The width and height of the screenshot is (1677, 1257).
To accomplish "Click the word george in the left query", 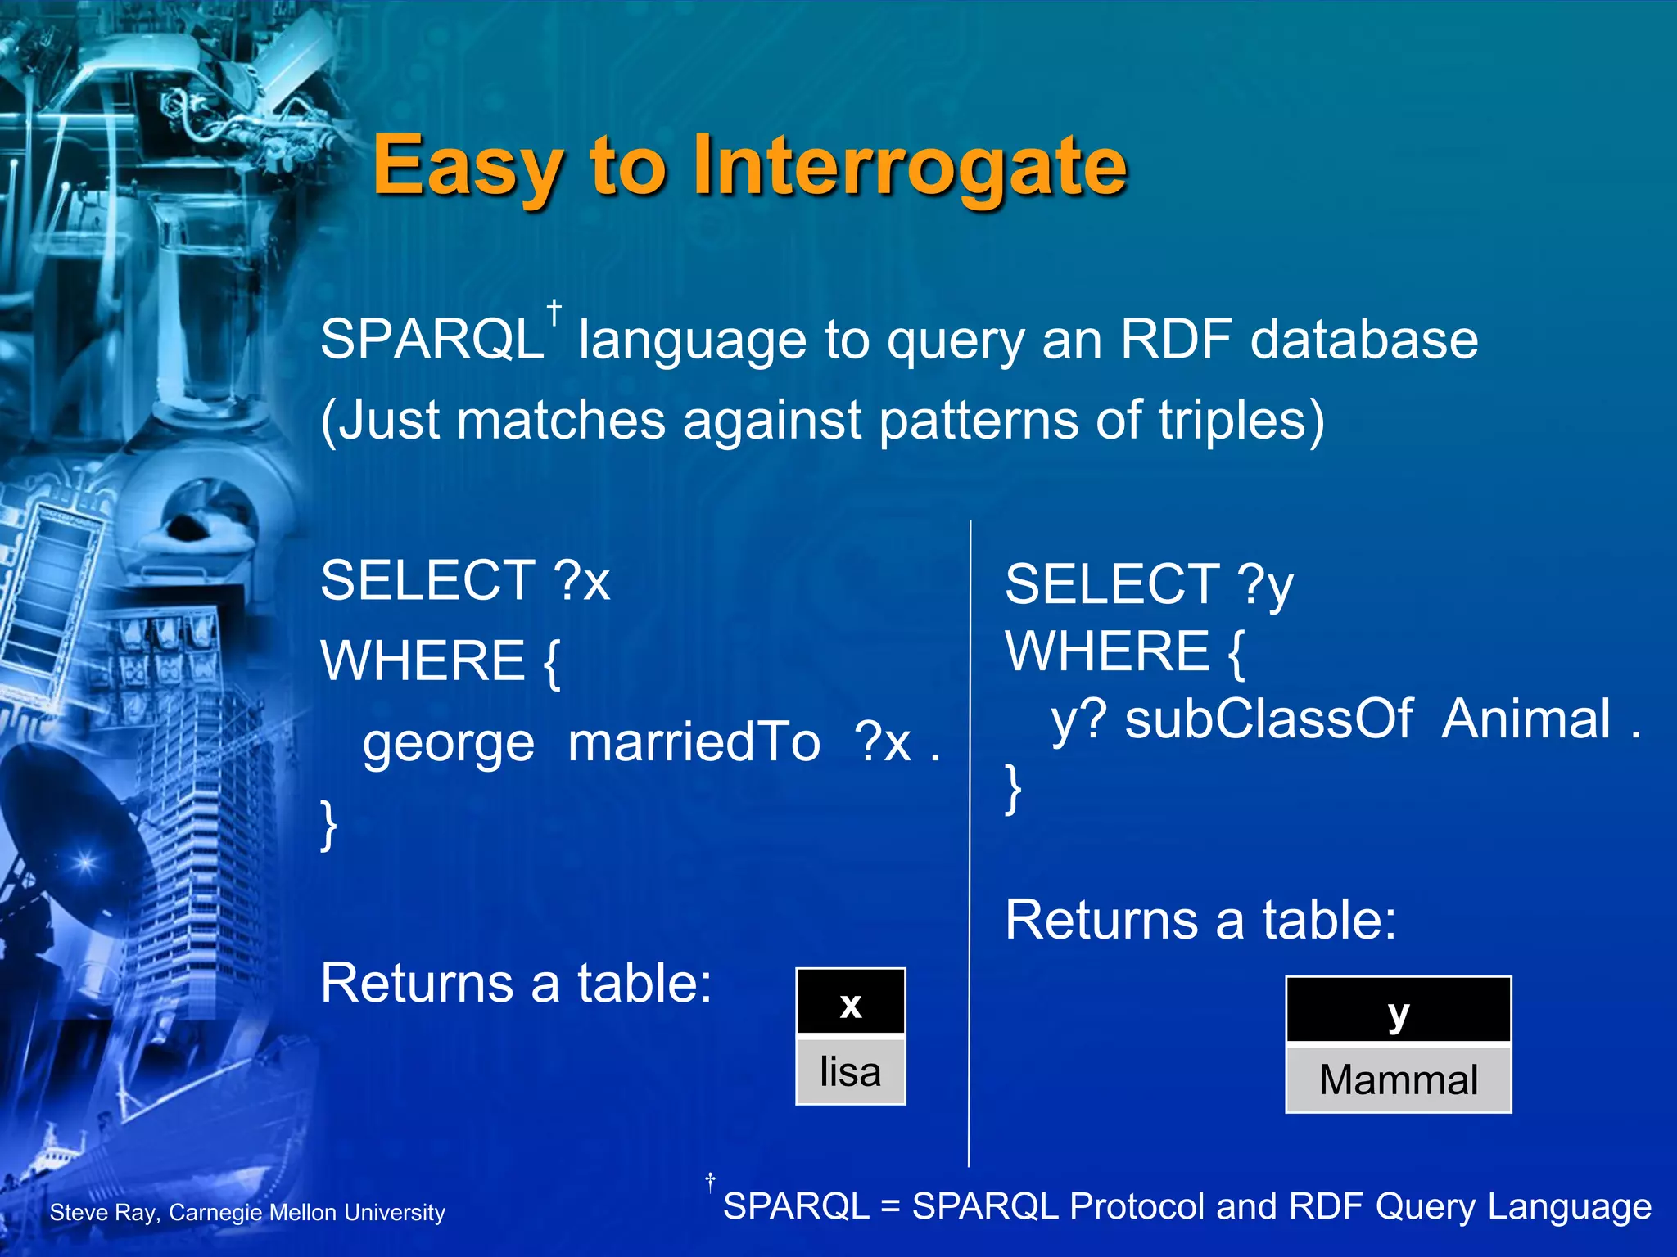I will [x=449, y=743].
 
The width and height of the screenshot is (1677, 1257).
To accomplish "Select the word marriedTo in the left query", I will [x=694, y=743].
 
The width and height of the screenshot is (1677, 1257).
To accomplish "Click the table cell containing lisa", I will [x=850, y=1071].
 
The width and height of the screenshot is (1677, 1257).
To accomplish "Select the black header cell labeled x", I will [x=850, y=1002].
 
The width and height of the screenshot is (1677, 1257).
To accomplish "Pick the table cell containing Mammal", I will [x=1398, y=1079].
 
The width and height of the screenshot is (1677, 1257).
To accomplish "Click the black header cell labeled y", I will [x=1398, y=1011].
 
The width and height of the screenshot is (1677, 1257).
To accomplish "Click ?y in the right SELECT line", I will [x=1266, y=586].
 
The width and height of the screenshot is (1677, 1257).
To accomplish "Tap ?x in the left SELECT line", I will [x=582, y=581].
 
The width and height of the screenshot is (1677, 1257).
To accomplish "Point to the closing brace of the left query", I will [x=328, y=825].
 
